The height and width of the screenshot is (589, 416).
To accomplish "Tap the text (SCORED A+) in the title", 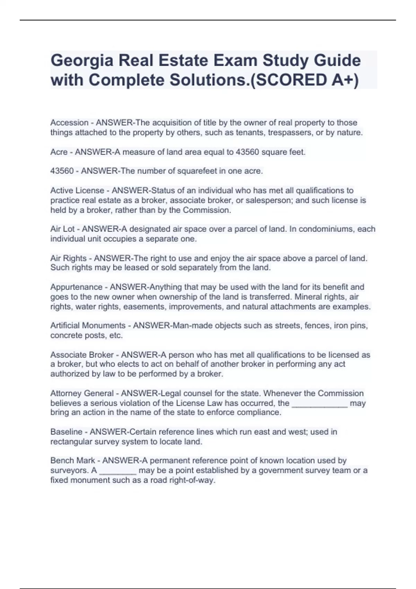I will [304, 80].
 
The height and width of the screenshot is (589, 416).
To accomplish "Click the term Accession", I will [69, 123].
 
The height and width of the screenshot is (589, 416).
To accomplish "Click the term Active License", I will [77, 191].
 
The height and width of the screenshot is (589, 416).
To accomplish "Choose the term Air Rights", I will [68, 258].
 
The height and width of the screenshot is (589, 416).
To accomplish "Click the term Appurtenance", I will [76, 287].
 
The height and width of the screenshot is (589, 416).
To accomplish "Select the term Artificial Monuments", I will [88, 326].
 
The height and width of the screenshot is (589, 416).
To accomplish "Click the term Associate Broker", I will [82, 355].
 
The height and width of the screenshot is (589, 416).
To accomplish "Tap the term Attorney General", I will [82, 394].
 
